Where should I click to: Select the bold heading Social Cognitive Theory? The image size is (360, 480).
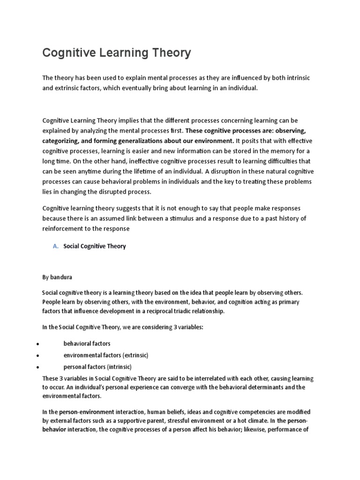point(95,246)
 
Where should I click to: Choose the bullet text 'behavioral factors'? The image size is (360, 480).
point(87,344)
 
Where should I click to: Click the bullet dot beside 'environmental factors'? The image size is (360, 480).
point(37,355)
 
